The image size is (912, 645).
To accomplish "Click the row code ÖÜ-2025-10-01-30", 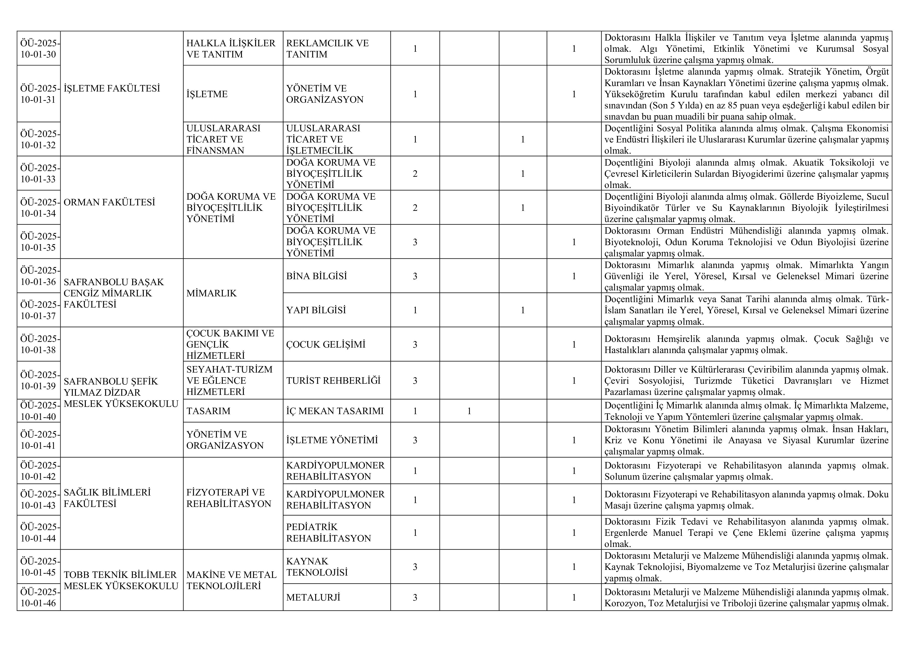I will click(38, 48).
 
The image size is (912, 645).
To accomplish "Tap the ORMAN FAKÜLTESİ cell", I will click(109, 203).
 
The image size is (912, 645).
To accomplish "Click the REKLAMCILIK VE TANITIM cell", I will click(327, 48).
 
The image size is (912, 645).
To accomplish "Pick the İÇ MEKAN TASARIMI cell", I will click(335, 411).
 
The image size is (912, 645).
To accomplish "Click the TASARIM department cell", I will click(208, 411).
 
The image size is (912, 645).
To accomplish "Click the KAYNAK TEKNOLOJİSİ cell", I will click(317, 567).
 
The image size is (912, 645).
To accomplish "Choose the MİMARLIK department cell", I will click(211, 293).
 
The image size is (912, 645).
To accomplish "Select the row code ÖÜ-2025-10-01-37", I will click(38, 310).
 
